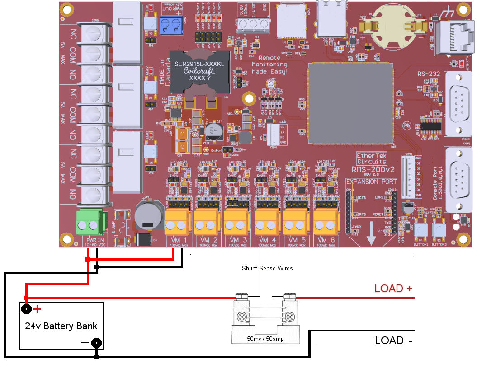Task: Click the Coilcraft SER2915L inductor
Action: pyautogui.click(x=199, y=71)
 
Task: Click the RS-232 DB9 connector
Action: pyautogui.click(x=458, y=104)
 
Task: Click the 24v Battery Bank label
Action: pyautogui.click(x=61, y=326)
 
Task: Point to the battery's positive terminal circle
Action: pyautogui.click(x=27, y=309)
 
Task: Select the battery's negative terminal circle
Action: pyautogui.click(x=96, y=343)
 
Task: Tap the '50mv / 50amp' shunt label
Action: pyautogui.click(x=265, y=338)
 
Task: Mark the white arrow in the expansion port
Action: pyautogui.click(x=371, y=233)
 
